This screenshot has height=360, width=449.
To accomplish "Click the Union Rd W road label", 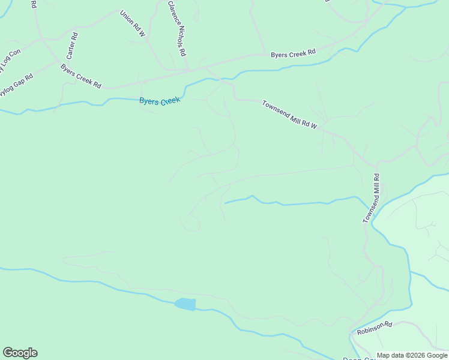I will click(x=133, y=24).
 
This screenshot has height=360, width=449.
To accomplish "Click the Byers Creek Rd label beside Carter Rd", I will click(x=81, y=76).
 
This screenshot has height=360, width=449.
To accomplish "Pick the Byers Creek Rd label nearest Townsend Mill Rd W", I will click(x=293, y=54).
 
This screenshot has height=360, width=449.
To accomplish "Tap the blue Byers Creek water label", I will click(x=160, y=101).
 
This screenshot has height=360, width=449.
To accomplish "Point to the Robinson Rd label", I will click(x=374, y=328).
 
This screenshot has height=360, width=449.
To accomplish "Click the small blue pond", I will click(x=185, y=304).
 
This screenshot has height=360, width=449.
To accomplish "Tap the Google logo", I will click(x=20, y=353).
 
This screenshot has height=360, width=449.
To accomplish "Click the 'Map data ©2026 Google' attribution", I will click(x=411, y=355).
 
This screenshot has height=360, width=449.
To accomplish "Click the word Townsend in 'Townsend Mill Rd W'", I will click(x=276, y=108).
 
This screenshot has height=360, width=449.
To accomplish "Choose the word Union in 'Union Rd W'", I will click(x=127, y=16).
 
